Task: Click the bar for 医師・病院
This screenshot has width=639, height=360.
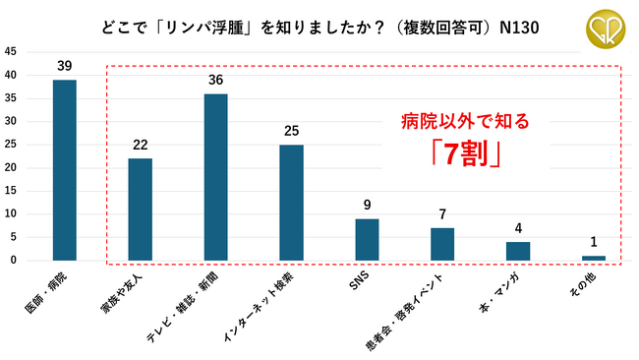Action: point(64,170)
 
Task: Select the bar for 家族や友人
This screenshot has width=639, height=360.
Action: point(140,210)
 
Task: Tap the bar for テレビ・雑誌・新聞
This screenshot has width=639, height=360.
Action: point(215,177)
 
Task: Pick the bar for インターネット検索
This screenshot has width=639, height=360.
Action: point(291,203)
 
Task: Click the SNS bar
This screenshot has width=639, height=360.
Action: point(367,239)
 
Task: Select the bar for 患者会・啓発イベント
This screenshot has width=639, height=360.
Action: point(442,244)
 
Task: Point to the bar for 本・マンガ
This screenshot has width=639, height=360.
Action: point(518,251)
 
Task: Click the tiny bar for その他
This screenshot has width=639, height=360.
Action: point(594,258)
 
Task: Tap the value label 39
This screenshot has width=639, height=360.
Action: point(64,66)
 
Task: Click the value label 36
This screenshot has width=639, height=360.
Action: point(215,80)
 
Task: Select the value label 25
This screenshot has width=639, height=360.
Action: point(291,131)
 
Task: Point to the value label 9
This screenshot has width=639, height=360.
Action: point(367,206)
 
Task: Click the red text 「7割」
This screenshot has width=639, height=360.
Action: point(465,154)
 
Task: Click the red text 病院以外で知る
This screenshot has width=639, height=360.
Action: point(465,122)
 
